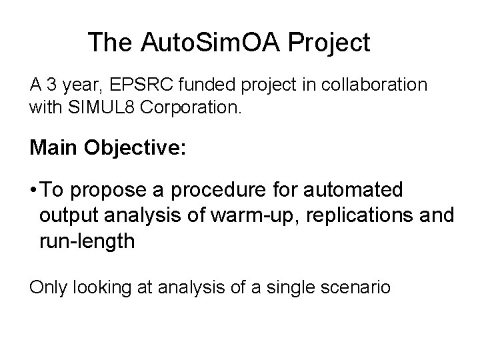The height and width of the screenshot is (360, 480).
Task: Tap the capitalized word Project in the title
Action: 331,43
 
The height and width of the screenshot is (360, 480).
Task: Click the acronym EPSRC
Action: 135,85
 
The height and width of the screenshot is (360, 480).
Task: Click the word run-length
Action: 87,241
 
